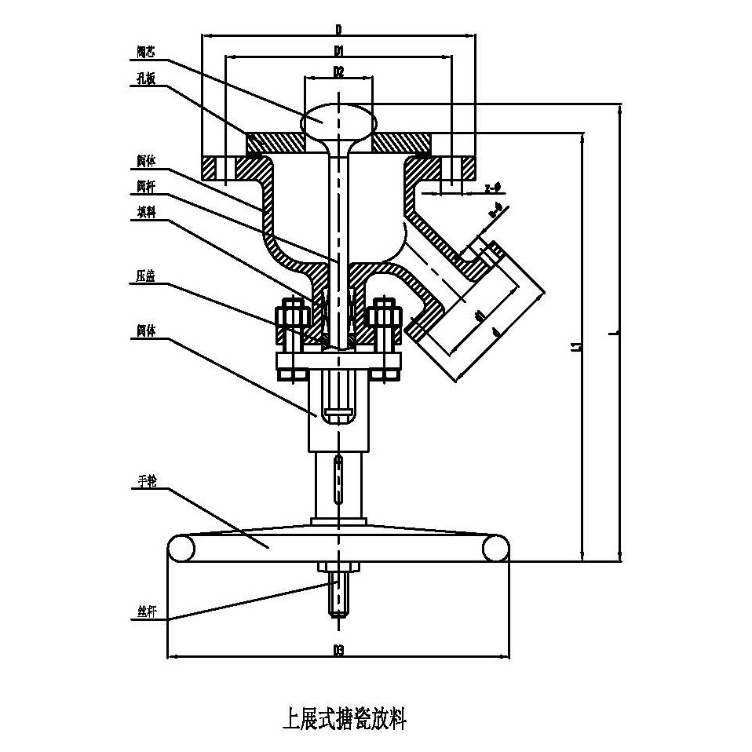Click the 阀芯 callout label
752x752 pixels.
145,54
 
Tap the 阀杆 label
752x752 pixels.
145,188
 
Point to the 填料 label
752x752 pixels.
146,212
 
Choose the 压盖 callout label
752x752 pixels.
145,276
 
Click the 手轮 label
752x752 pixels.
146,482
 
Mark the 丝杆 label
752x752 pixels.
146,612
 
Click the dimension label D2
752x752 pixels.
338,71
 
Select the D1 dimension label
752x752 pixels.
338,50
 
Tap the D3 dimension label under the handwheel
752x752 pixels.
338,650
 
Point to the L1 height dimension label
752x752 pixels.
575,345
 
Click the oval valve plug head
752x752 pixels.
338,121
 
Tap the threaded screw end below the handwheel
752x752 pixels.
338,597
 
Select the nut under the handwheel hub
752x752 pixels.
338,566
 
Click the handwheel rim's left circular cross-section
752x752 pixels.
181,548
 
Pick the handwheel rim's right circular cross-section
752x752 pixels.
495,548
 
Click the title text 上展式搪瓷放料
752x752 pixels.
344,717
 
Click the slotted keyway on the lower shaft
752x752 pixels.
338,479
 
